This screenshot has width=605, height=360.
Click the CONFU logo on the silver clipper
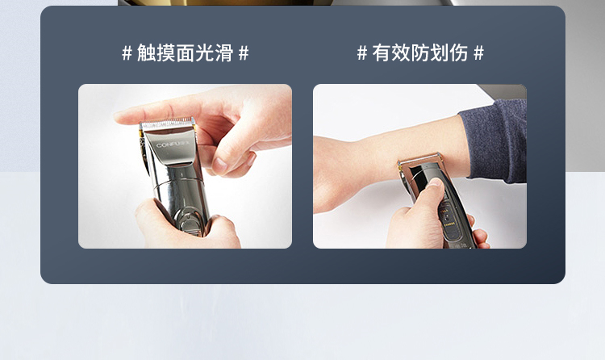[173, 144]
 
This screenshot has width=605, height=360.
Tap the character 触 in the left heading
[147, 53]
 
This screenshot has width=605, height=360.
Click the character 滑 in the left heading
[223, 53]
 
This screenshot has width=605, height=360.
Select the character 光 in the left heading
[205, 53]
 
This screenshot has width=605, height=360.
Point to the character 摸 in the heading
[166, 53]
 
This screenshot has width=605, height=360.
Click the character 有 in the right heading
[382, 53]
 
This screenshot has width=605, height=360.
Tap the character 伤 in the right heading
[459, 53]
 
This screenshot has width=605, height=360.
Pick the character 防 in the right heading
[420, 53]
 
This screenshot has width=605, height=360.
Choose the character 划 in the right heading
[440, 53]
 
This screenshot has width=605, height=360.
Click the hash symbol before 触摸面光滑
[127, 53]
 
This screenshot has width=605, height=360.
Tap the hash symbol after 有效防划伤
[478, 53]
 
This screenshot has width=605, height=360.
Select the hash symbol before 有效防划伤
[362, 53]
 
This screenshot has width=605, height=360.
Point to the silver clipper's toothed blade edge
[167, 123]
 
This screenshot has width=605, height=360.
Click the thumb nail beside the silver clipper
[220, 165]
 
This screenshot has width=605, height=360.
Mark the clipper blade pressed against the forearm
[419, 159]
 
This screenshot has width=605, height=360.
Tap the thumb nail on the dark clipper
[435, 182]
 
